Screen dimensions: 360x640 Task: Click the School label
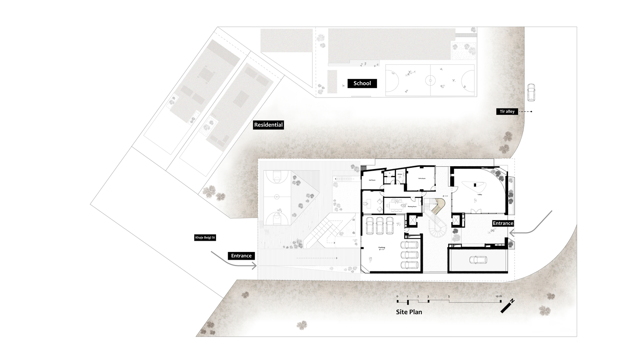click(362, 83)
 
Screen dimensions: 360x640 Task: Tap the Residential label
click(268, 125)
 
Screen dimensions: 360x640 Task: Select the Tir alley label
click(507, 111)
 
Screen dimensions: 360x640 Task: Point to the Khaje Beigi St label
click(205, 238)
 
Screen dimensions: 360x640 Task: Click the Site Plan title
click(409, 312)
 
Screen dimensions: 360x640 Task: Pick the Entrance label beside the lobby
click(503, 223)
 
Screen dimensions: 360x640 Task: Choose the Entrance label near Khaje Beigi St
click(242, 256)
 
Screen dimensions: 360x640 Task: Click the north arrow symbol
click(507, 306)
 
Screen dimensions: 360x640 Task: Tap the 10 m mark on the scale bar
click(499, 296)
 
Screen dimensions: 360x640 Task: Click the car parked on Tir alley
click(531, 93)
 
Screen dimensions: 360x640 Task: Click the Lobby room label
click(480, 195)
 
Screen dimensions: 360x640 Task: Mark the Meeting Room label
click(412, 207)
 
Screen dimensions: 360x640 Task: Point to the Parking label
click(381, 247)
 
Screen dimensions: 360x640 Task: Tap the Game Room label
click(422, 178)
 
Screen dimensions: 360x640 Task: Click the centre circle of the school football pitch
click(430, 80)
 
